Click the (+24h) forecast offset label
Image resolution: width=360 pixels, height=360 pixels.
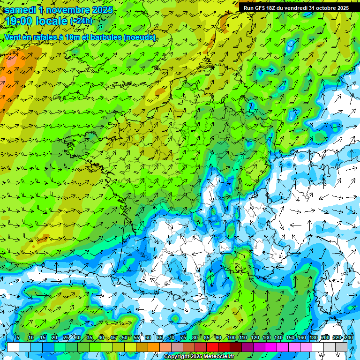coord(81,21)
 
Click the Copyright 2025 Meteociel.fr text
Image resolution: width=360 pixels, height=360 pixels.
coord(198,357)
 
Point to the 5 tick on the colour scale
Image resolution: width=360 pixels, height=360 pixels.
coord(17,338)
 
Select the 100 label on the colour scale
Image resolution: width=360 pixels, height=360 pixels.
coord(232,338)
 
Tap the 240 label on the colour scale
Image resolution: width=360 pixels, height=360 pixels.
coord(349,338)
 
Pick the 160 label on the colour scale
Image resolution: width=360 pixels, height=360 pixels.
coord(302,338)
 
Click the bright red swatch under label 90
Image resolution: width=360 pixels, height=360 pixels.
coord(212,347)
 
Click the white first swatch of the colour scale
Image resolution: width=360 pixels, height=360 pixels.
coord(13,347)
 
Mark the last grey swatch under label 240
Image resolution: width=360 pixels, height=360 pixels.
coord(341,347)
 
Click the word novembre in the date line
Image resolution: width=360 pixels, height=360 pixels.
coord(67,10)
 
